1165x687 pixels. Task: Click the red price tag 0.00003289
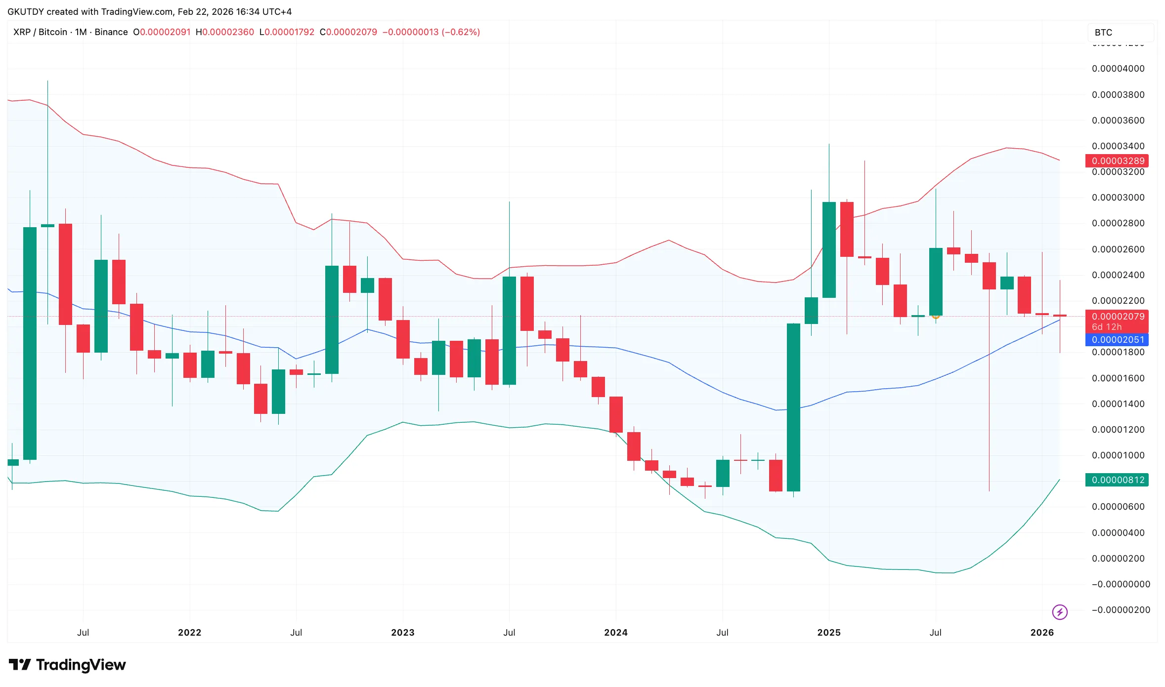coord(1117,161)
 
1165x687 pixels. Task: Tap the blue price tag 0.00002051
coord(1117,340)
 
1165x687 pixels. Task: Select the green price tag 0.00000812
coord(1117,480)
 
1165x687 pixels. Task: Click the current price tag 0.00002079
coord(1117,317)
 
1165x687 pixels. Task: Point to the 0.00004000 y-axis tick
coord(1118,69)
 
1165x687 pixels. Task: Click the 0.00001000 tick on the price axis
coord(1118,455)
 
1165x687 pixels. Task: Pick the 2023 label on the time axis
coord(402,633)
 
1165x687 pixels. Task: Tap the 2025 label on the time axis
coord(829,633)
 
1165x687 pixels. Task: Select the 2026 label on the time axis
coord(1042,633)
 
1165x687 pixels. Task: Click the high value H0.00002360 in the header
coord(225,32)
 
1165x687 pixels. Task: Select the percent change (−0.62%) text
coord(461,32)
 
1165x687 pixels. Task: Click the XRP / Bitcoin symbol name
coord(40,32)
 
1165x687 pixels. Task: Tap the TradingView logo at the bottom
coord(68,665)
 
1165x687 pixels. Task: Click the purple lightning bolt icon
coord(1060,612)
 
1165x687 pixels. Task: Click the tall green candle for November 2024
coord(793,407)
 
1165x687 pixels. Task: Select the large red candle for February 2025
coord(847,230)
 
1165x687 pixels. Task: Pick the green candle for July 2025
coord(936,282)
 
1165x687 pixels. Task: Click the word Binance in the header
coord(111,32)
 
